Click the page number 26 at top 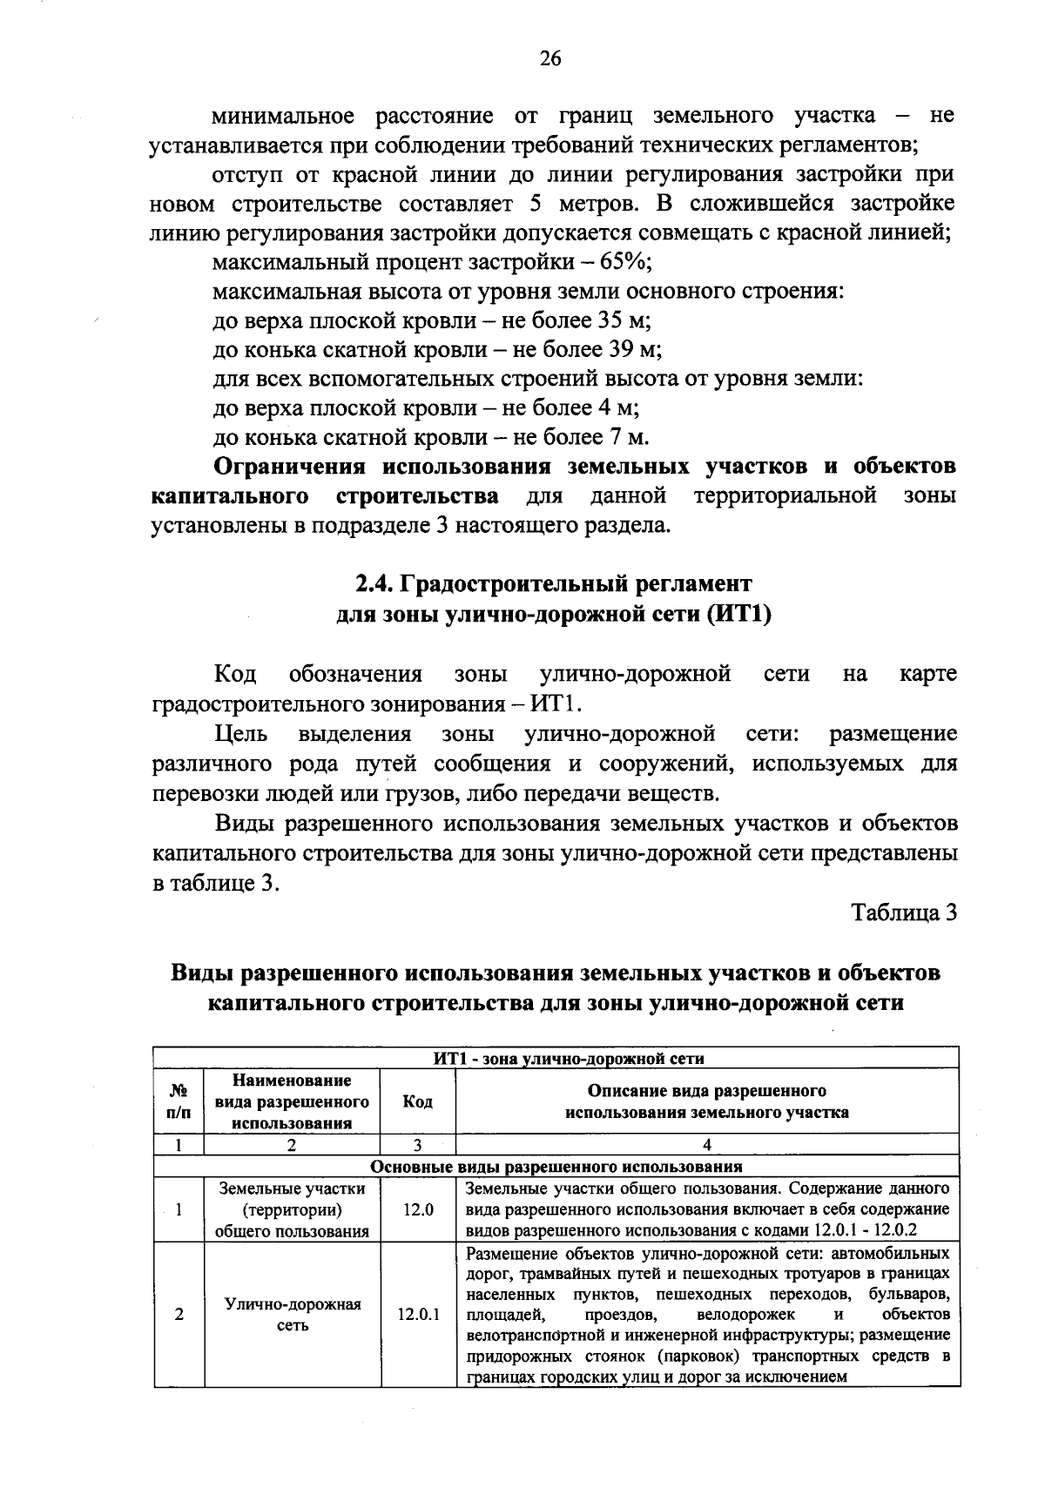pyautogui.click(x=550, y=58)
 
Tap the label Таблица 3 pyautogui.click(x=904, y=912)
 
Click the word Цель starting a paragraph pyautogui.click(x=240, y=734)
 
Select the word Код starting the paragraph pyautogui.click(x=235, y=674)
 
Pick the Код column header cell pyautogui.click(x=418, y=1101)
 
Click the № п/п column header pyautogui.click(x=179, y=1101)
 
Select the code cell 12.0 pyautogui.click(x=418, y=1209)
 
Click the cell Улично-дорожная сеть pyautogui.click(x=293, y=1315)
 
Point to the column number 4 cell pyautogui.click(x=706, y=1145)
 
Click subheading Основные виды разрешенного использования pyautogui.click(x=556, y=1166)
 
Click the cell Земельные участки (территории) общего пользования pyautogui.click(x=292, y=1209)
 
